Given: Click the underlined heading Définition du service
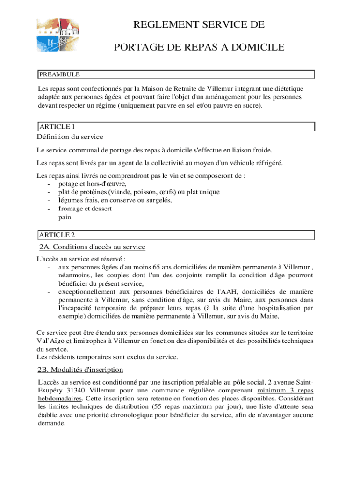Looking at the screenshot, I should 70,137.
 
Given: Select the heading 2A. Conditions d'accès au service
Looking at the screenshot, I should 92,247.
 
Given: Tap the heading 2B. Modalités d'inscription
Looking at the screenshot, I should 80,370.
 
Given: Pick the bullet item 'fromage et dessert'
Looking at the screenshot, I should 85,209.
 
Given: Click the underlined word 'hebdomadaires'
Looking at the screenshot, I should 59,399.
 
